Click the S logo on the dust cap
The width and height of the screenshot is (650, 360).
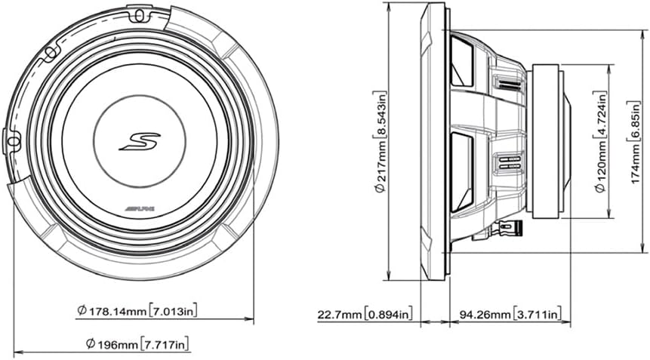pyautogui.click(x=140, y=141)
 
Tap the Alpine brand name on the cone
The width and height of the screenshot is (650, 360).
pyautogui.click(x=139, y=208)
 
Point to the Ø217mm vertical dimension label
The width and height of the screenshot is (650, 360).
pyautogui.click(x=380, y=142)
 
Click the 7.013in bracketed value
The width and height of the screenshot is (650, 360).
pyautogui.click(x=172, y=310)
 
